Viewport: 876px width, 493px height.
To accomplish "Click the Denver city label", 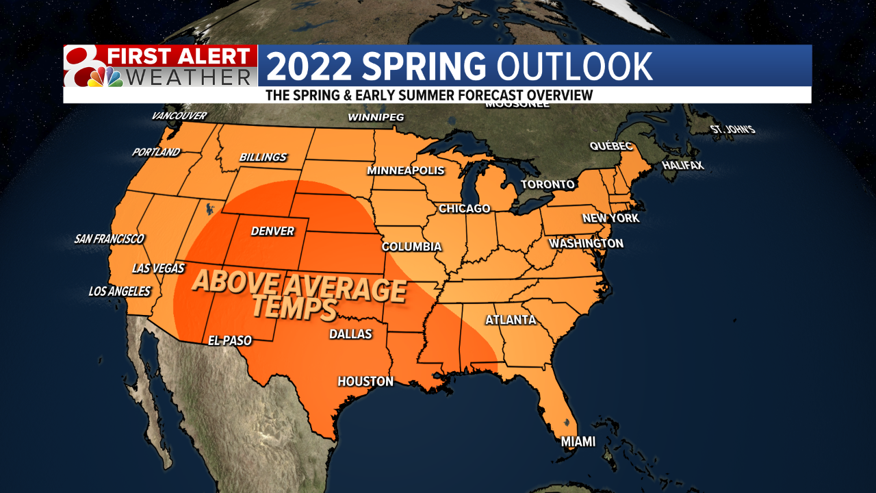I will pyautogui.click(x=272, y=231).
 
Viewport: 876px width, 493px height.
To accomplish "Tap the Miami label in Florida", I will pyautogui.click(x=578, y=442).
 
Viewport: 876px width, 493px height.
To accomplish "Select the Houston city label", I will pyautogui.click(x=365, y=381).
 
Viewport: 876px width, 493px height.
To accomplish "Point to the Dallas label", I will pyautogui.click(x=350, y=334).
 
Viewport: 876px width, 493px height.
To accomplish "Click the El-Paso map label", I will pyautogui.click(x=230, y=340).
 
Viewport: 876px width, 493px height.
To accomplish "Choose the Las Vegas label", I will pyautogui.click(x=158, y=268).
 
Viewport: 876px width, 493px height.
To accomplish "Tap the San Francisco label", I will pyautogui.click(x=109, y=239).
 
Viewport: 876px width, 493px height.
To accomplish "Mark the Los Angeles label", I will pyautogui.click(x=120, y=291).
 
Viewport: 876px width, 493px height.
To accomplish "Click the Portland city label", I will pyautogui.click(x=156, y=152).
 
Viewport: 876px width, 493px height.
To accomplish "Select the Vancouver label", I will pyautogui.click(x=179, y=116).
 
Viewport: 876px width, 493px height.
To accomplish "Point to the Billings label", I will pyautogui.click(x=263, y=157).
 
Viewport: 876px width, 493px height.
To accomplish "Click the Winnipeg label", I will pyautogui.click(x=376, y=117).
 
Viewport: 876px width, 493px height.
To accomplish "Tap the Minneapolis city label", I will pyautogui.click(x=406, y=170).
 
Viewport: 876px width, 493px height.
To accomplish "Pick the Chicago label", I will pyautogui.click(x=465, y=208).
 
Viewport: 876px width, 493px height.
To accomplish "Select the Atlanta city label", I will pyautogui.click(x=511, y=320).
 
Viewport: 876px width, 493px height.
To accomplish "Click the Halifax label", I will pyautogui.click(x=682, y=166).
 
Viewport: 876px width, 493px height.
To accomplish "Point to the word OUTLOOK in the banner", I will pyautogui.click(x=574, y=66).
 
